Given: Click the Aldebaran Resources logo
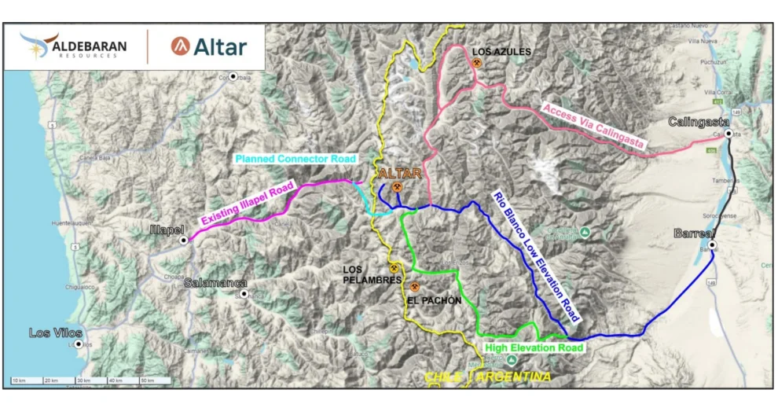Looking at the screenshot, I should [x=75, y=47].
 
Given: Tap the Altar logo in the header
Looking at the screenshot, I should [x=208, y=46].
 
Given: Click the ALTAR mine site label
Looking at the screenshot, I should [x=401, y=174].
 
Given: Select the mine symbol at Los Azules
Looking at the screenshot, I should [x=477, y=63].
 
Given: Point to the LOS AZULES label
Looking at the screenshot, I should [x=501, y=52].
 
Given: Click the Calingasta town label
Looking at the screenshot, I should [x=699, y=122].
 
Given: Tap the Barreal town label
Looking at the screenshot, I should [x=693, y=233].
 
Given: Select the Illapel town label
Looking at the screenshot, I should [x=166, y=230].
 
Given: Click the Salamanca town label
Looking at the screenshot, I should [x=215, y=283].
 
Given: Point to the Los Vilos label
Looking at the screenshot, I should [x=55, y=333].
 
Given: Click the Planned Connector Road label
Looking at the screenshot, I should [x=296, y=159].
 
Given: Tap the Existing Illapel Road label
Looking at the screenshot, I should [x=247, y=204].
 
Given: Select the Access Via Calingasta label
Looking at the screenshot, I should [x=593, y=127].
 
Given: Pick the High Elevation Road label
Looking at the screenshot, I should [x=534, y=347].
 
